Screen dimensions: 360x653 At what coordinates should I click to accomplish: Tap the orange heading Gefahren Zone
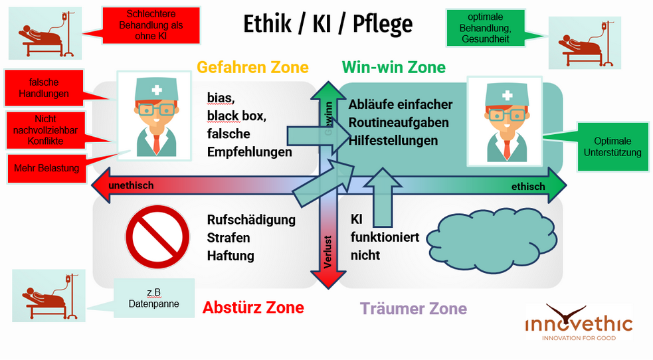click(252, 67)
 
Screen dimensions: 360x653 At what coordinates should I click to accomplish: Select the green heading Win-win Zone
click(393, 67)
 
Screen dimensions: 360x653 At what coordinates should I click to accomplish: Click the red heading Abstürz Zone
click(253, 308)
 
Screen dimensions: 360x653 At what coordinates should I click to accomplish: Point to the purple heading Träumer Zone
click(413, 308)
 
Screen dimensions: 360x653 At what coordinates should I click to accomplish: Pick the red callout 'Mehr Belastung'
click(47, 168)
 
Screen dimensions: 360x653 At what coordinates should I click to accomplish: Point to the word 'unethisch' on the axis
click(131, 185)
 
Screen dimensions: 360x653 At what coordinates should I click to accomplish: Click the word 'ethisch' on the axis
click(527, 187)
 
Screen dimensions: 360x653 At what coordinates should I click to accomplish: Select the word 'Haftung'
click(231, 255)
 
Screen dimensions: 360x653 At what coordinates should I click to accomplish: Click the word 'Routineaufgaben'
click(399, 122)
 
